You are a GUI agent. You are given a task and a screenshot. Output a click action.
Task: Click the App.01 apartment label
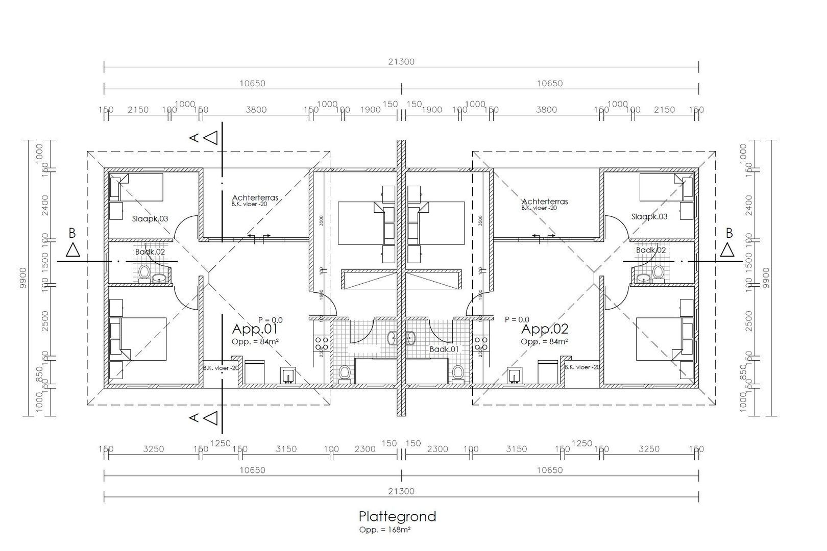point(254,329)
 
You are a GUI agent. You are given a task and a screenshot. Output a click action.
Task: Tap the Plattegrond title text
point(397,516)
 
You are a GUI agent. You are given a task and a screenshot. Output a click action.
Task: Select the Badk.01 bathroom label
point(444,349)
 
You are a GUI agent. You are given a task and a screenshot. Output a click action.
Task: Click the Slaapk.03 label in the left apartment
point(150,218)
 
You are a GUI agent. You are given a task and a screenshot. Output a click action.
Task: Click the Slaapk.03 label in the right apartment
point(649,216)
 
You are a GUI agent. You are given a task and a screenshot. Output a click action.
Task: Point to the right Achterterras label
point(545,201)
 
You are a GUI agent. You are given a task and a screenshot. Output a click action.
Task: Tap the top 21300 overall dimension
point(401,62)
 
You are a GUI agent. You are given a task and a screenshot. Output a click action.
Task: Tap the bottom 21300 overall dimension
point(401,491)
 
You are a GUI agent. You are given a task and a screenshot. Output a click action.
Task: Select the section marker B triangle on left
point(72,251)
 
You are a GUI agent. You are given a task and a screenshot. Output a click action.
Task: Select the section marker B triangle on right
point(728,251)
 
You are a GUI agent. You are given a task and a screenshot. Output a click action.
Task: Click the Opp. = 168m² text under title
point(385,530)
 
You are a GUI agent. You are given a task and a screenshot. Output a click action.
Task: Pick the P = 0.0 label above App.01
point(270,320)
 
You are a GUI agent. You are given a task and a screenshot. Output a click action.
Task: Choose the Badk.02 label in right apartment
point(650,250)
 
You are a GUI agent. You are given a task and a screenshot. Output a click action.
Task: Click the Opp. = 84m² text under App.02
point(544,341)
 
